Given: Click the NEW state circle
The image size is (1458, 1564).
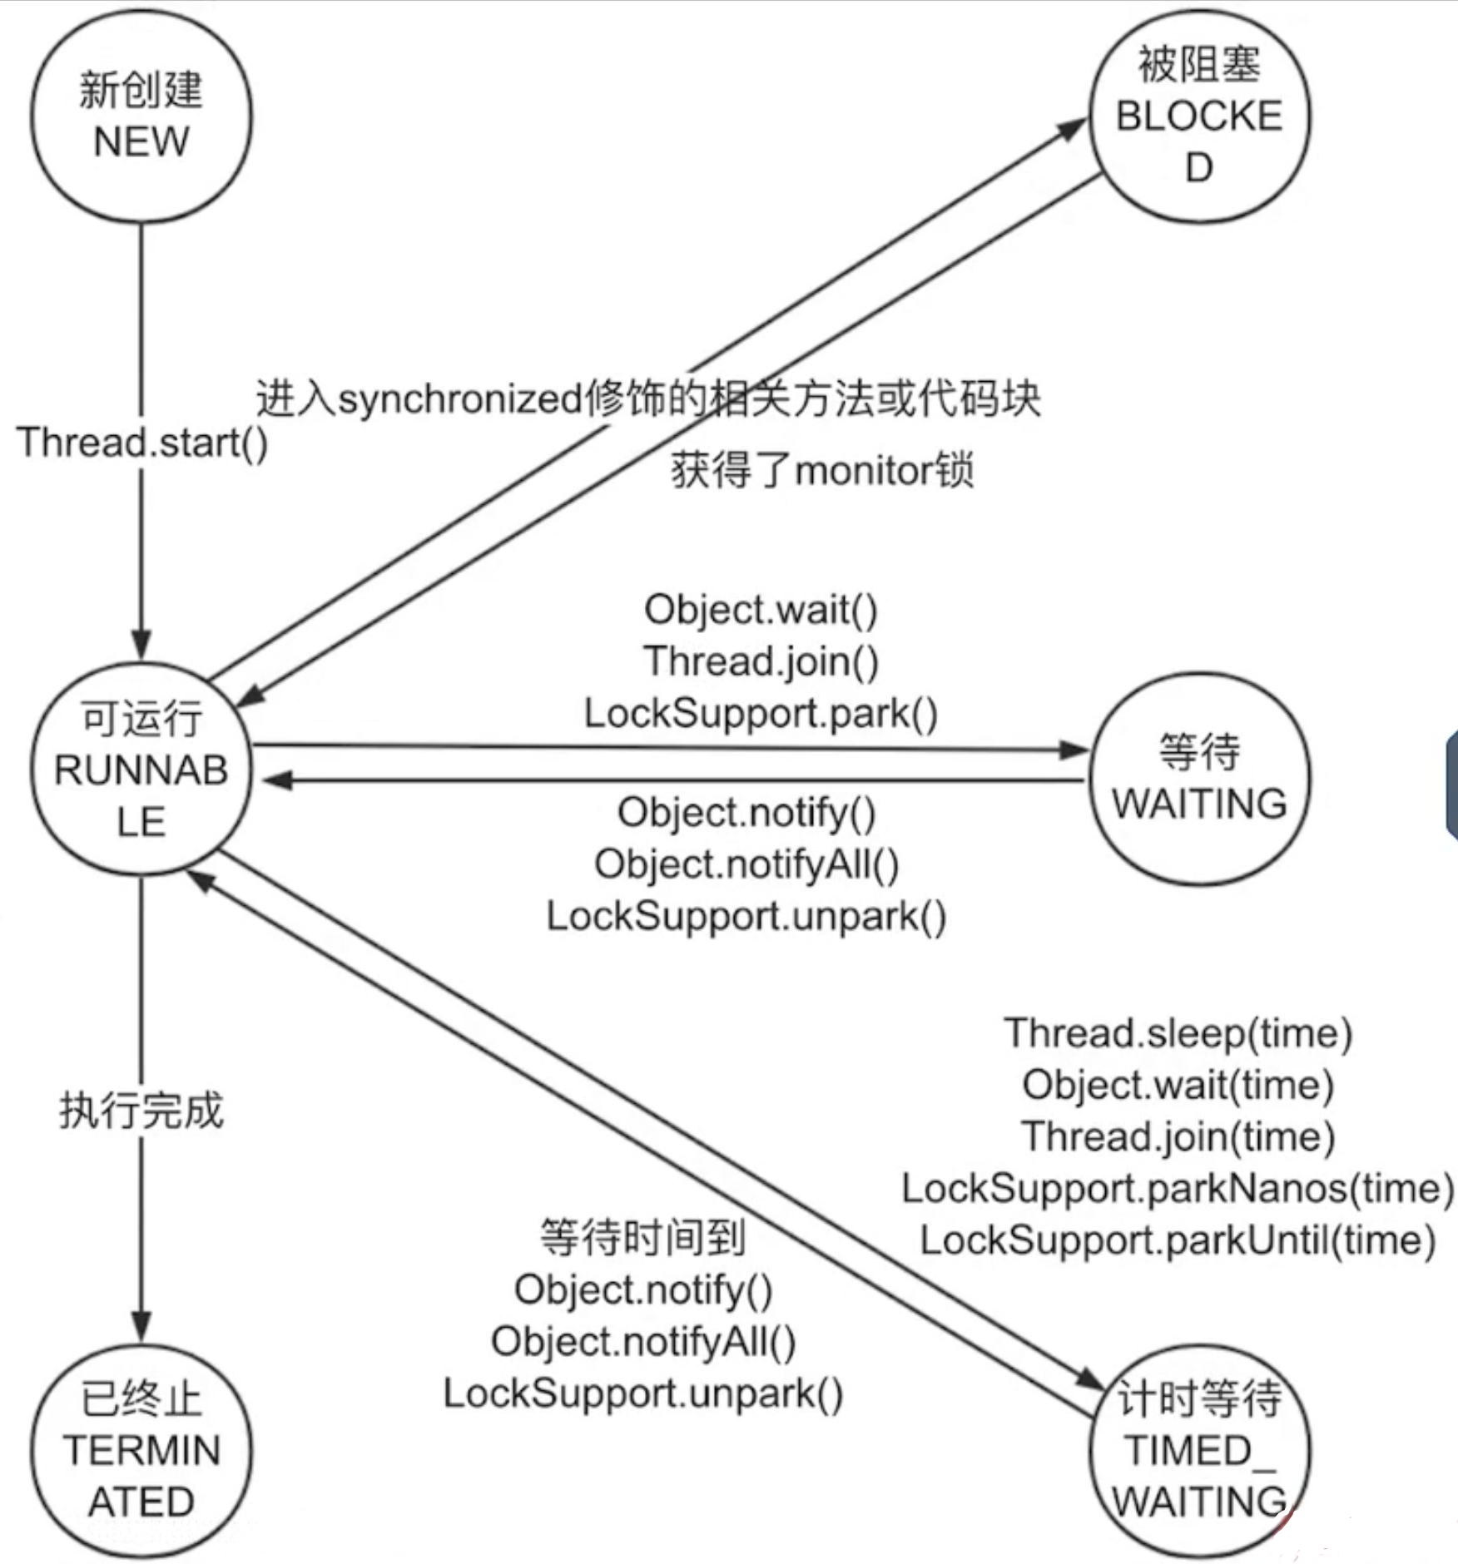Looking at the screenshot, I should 141,116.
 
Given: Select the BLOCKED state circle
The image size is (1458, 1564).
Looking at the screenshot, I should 1199,116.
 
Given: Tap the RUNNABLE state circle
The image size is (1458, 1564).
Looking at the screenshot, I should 141,770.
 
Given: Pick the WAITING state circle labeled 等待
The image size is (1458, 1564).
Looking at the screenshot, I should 1199,779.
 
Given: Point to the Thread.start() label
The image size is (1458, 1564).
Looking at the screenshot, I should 142,443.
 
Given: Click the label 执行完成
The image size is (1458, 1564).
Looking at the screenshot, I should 141,1111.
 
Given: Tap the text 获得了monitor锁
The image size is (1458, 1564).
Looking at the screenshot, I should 822,471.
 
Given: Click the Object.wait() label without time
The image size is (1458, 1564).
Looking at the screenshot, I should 761,610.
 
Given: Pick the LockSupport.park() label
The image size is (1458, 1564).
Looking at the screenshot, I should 761,714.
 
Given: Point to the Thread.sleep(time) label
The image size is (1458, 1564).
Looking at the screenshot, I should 1178,1033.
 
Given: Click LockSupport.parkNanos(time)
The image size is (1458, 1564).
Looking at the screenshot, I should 1178,1188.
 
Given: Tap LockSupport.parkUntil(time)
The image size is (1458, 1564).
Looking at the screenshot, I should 1178,1240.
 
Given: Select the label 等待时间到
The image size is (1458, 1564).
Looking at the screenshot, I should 642,1237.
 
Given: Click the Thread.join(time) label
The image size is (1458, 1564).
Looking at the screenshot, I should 1178,1136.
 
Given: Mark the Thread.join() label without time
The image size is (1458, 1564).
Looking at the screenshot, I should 761,661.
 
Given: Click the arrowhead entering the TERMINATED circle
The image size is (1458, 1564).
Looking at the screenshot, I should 141,1326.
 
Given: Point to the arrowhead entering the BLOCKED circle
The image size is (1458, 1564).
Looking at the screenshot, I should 1073,127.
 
